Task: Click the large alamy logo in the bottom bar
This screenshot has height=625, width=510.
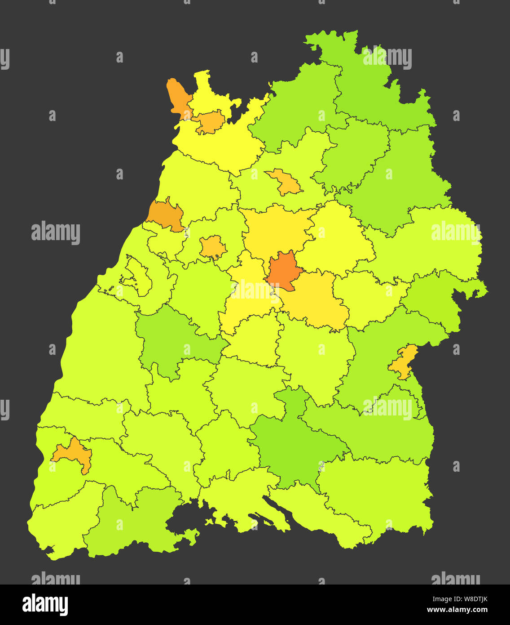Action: tap(45, 605)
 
